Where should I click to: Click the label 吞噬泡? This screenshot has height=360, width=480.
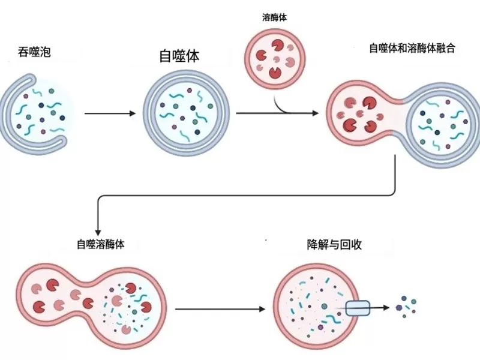[x=35, y=53]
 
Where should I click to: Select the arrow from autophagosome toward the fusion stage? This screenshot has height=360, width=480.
[x=276, y=113]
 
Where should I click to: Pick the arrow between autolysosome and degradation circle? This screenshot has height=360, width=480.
[x=219, y=310]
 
